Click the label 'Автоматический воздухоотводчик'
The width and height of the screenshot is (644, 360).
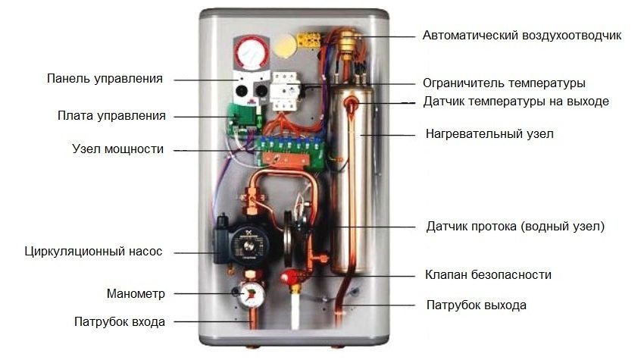pos(522,36)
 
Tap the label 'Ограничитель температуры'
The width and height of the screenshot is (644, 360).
pos(504,83)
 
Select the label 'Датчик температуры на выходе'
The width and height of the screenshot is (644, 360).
pos(516,102)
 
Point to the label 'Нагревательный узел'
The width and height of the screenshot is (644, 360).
pos(489,133)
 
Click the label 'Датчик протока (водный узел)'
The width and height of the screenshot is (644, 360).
pos(515,226)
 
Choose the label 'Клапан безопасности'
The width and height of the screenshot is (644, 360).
pos(488,274)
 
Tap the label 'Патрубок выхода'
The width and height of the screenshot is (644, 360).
pos(477,305)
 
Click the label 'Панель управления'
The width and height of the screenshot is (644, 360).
pos(105,79)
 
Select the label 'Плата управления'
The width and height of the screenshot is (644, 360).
pos(111,116)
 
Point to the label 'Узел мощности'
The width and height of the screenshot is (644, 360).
pos(118,149)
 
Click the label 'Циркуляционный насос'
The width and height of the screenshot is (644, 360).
pos(93,251)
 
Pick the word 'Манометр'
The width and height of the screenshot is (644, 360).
pos(136,293)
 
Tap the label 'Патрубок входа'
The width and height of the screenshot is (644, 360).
pos(120,321)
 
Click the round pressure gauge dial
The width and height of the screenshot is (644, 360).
pos(251,294)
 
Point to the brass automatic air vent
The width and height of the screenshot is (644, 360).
pos(349,42)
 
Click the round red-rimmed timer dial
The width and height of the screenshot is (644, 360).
pos(252,52)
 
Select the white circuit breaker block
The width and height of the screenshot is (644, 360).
pos(285,91)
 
